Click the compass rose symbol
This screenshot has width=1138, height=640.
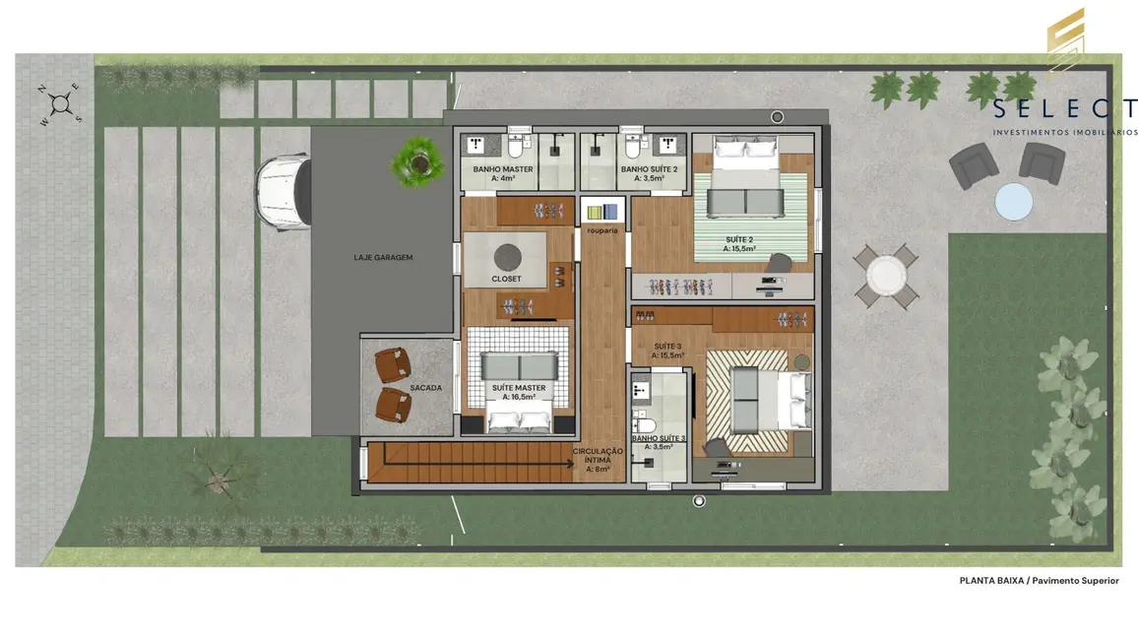[61, 102]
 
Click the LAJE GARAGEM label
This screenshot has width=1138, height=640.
[383, 257]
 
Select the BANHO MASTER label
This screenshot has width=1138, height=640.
[502, 169]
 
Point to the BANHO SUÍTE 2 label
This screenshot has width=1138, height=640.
[649, 169]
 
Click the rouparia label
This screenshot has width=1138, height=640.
[601, 230]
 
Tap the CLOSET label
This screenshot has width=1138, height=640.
[507, 280]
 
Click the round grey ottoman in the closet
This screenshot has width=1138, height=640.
[506, 256]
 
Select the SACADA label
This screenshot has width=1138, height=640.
[425, 388]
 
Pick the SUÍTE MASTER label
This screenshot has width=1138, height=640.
[519, 388]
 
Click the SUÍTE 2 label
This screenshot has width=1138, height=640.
[739, 239]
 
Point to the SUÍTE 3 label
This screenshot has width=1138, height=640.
[667, 346]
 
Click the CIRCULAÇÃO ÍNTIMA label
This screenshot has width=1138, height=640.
[598, 456]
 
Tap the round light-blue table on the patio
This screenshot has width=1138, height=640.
[1013, 202]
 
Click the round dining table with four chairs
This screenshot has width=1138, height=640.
[885, 275]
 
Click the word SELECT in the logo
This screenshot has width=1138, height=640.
[1064, 109]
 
